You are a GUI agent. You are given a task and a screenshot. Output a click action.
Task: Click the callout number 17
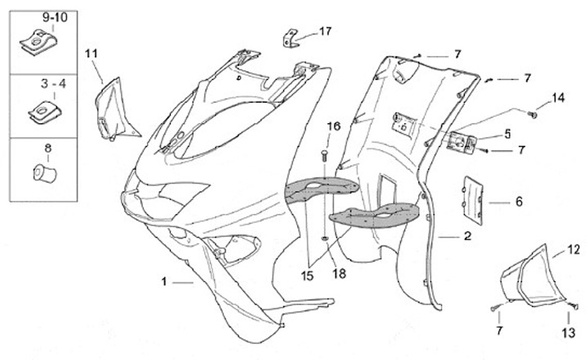tap(325, 32)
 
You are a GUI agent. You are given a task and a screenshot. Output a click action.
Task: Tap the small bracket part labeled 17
tap(290, 39)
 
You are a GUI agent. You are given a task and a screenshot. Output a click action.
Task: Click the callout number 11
tap(91, 54)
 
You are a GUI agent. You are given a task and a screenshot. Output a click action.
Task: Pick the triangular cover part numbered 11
tap(112, 105)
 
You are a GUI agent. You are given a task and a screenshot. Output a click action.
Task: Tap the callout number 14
tap(558, 99)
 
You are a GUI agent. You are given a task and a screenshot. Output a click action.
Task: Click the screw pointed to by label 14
tap(533, 114)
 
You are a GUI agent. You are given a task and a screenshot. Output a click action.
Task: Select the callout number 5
tap(507, 133)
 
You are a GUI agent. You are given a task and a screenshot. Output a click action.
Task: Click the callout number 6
tap(518, 201)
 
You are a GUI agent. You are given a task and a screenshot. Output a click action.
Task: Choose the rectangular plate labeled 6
tap(474, 198)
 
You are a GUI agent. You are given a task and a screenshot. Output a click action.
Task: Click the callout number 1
tap(164, 282)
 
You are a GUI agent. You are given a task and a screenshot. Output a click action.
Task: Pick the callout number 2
tap(467, 237)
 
